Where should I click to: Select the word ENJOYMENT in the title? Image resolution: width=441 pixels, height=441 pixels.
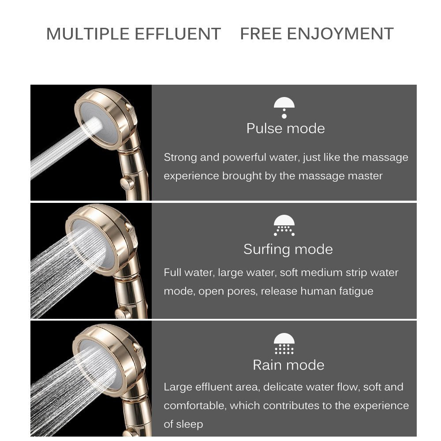[x=340, y=34]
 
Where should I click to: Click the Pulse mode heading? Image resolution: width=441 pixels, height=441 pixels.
[x=285, y=128]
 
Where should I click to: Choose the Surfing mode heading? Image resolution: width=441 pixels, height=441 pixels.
[x=288, y=249]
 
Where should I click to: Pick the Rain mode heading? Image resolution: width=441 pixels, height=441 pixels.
[x=288, y=365]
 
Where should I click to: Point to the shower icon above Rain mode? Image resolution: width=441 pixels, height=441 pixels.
[x=284, y=344]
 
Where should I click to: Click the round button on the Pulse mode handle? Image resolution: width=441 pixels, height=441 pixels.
[x=128, y=182]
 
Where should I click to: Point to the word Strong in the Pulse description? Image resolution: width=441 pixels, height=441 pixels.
[x=180, y=157]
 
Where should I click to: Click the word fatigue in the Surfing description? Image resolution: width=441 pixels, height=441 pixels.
[x=356, y=291]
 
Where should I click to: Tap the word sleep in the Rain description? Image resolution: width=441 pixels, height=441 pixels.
[x=190, y=424]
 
